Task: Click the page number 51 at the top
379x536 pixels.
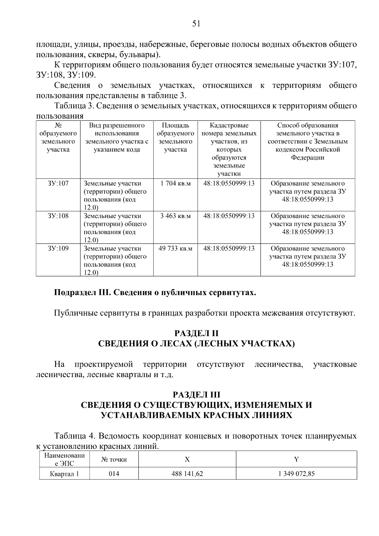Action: [196, 24]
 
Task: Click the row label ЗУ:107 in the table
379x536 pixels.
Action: [58, 183]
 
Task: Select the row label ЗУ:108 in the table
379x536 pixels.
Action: [58, 216]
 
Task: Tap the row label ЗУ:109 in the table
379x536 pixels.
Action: [58, 248]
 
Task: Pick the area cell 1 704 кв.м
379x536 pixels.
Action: [175, 183]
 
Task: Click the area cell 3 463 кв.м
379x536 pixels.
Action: [175, 216]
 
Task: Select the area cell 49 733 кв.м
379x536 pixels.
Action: [175, 248]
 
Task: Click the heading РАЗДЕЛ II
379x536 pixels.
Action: [196, 333]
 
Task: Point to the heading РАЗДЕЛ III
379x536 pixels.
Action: [196, 395]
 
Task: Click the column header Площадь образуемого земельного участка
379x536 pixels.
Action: [175, 137]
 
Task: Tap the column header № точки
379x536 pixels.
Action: [114, 460]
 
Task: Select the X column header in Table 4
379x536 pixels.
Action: [187, 460]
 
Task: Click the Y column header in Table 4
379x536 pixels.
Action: [296, 460]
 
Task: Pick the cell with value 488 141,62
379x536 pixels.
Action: [187, 474]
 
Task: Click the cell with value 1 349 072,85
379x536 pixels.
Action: [296, 474]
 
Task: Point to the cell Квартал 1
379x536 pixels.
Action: [64, 474]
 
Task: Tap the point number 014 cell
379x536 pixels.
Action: [114, 474]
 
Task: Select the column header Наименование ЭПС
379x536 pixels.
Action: [64, 460]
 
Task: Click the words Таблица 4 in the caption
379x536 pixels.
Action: [74, 436]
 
